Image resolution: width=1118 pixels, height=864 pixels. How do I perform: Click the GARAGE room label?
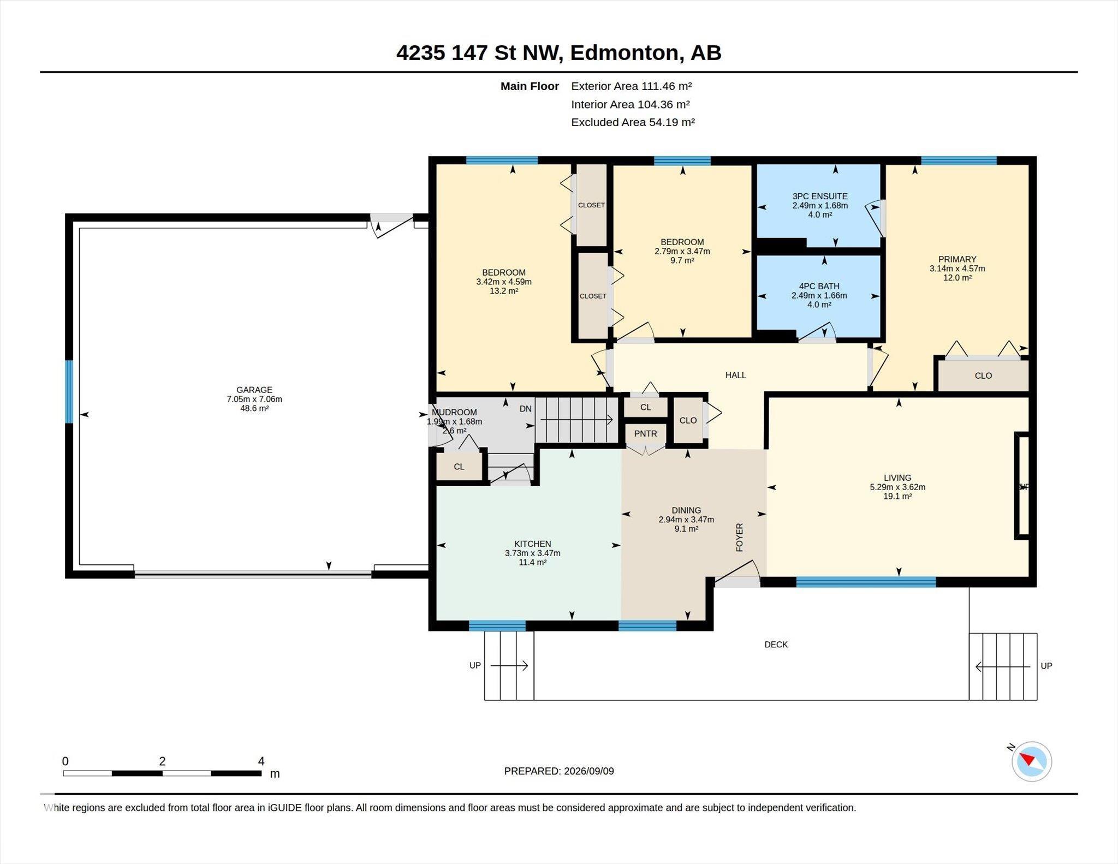tap(254, 390)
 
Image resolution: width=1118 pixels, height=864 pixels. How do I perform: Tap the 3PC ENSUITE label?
tap(820, 196)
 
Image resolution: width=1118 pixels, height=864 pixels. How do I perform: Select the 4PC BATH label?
tap(819, 286)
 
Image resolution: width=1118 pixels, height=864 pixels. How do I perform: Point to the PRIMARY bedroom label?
tap(957, 259)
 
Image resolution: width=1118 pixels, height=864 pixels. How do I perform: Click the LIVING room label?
tap(897, 478)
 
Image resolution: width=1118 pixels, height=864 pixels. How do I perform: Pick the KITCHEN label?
tap(532, 544)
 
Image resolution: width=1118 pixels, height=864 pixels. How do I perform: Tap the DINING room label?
tap(686, 510)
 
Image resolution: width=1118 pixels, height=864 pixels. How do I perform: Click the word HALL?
tap(735, 375)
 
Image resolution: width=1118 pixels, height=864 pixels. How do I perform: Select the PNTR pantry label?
tap(645, 433)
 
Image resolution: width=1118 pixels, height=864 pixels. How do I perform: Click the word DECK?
tap(776, 645)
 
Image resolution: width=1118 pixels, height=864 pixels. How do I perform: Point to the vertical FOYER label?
tap(740, 538)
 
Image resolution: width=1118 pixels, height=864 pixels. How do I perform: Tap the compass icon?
tap(1031, 761)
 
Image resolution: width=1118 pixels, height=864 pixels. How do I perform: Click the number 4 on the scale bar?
tap(261, 761)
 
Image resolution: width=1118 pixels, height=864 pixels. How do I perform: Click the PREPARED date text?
tap(559, 771)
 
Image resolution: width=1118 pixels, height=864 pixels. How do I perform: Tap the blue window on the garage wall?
tap(69, 391)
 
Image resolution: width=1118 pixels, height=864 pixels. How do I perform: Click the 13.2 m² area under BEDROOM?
tap(503, 291)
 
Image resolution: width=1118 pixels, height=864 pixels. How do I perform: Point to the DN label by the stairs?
tap(525, 409)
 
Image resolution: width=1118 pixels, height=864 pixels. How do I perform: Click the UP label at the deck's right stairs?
tap(1046, 666)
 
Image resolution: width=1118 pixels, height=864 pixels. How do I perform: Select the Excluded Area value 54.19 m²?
tap(671, 122)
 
